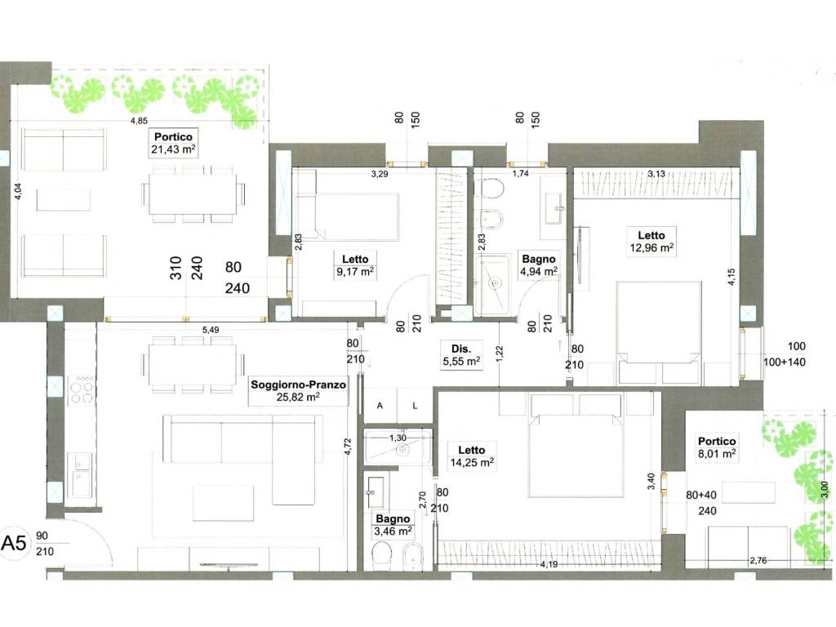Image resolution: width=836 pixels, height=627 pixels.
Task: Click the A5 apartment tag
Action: tap(14, 543)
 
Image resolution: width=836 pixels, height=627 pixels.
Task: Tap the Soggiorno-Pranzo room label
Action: tap(298, 390)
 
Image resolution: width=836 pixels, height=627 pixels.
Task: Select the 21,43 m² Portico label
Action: tap(173, 143)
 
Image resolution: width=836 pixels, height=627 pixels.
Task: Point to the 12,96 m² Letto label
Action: tap(651, 241)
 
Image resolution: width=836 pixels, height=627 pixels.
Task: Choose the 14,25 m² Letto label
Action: tap(471, 456)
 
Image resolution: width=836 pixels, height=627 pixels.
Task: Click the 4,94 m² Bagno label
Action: tap(539, 265)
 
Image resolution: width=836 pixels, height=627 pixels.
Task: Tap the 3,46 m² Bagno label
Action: tap(393, 525)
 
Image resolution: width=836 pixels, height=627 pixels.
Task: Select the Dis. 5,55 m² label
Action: tap(461, 355)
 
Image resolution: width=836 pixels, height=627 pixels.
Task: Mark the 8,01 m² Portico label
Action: tap(717, 447)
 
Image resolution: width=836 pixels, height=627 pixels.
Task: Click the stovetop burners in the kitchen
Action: tap(82, 389)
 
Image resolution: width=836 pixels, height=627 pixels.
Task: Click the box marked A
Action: tap(380, 406)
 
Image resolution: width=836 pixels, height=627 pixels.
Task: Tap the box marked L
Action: tap(414, 406)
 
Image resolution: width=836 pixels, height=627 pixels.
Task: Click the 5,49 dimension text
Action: tap(211, 330)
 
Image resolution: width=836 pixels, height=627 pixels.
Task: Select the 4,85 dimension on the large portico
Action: tap(139, 121)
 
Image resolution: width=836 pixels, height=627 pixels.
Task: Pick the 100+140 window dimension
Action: tap(785, 362)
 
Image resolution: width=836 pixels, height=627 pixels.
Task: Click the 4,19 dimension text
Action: tap(549, 563)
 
